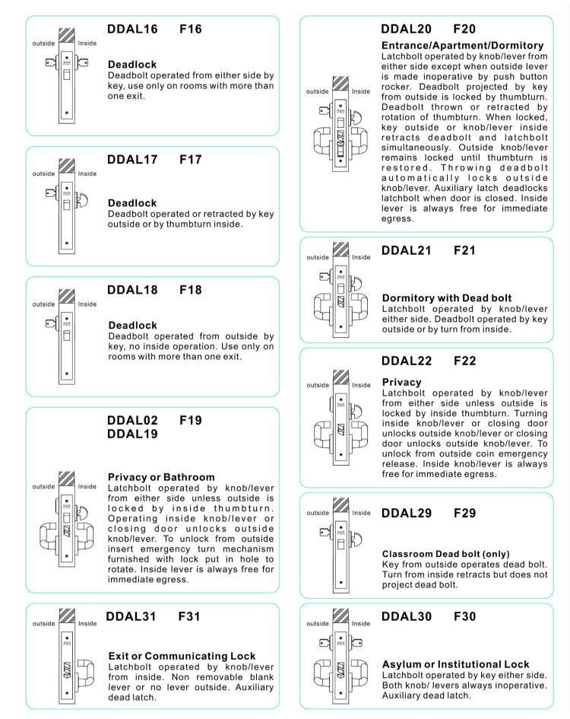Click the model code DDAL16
(132, 30)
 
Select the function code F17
(191, 160)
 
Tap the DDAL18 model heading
(132, 290)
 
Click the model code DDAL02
(132, 420)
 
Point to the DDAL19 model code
(132, 434)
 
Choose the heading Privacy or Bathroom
(161, 477)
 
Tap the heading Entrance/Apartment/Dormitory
(462, 46)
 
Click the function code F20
(464, 30)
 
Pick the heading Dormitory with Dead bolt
(446, 298)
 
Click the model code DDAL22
(406, 361)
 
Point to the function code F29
(464, 514)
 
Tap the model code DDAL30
(406, 616)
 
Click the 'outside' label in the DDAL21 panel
(318, 257)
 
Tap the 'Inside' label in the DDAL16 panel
(87, 43)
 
